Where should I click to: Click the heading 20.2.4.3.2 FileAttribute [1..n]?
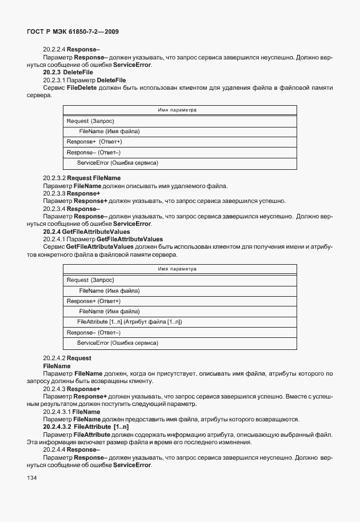tap(86, 427)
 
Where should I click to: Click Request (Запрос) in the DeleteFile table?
tap(90, 121)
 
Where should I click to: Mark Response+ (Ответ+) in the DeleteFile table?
tap(94, 141)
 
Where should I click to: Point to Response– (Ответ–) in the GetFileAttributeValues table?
tap(94, 332)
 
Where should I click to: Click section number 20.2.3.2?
tap(56, 178)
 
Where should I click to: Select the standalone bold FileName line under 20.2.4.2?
tap(57, 366)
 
